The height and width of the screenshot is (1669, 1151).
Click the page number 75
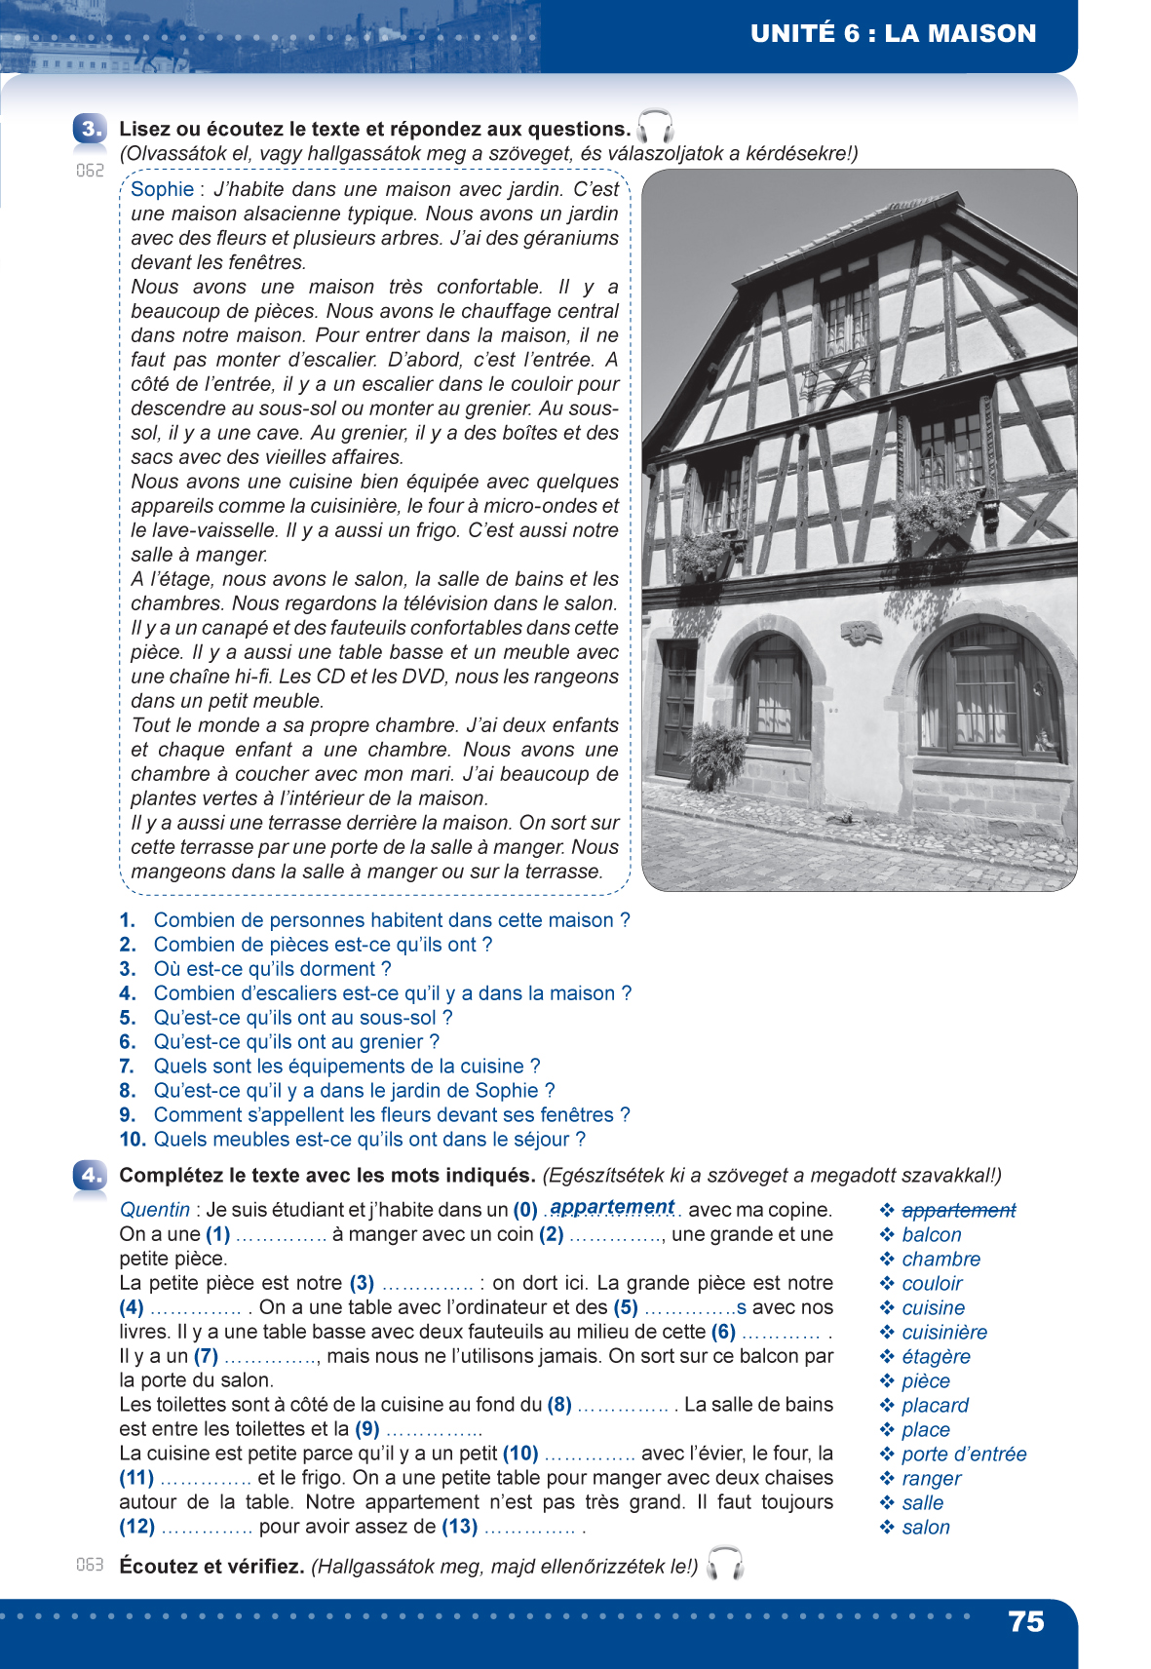[1026, 1621]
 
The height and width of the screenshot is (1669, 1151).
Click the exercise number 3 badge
[90, 129]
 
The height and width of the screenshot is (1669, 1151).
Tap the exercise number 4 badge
[90, 1176]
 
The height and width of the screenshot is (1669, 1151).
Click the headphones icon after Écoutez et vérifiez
[724, 1564]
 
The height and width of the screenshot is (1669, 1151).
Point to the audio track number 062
[90, 171]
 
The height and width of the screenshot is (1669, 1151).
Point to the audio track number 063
[90, 1565]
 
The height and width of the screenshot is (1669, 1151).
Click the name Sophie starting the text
[162, 189]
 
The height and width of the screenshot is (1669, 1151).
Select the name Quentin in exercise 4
[155, 1210]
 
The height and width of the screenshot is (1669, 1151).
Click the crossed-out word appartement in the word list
[958, 1211]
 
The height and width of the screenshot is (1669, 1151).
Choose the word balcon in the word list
[931, 1235]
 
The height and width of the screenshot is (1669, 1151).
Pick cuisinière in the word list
[943, 1333]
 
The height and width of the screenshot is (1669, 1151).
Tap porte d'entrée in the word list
[963, 1455]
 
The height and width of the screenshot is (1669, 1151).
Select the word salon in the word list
[925, 1528]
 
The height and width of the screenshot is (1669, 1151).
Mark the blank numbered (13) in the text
[529, 1528]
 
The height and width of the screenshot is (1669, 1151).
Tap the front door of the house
[677, 710]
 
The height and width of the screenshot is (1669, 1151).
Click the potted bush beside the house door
[718, 756]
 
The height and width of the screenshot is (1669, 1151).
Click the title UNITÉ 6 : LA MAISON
[893, 34]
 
